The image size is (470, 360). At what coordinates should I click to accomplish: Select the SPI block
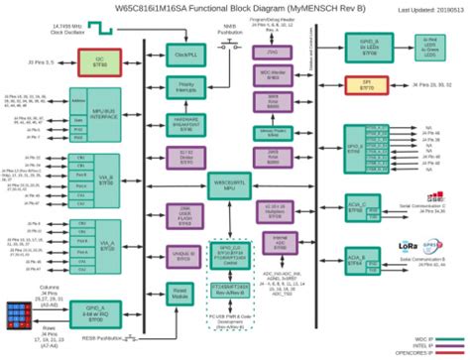[366, 85]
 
